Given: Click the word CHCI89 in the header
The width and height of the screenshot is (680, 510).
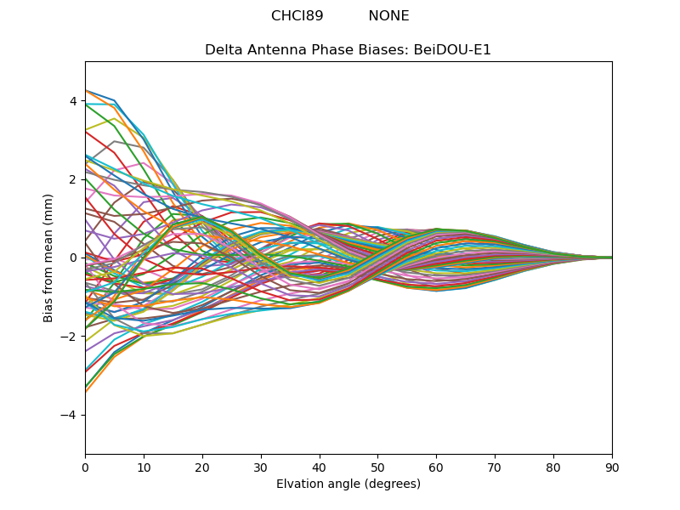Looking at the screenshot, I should tap(297, 16).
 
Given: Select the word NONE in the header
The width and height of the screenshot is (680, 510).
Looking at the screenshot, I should tap(388, 16).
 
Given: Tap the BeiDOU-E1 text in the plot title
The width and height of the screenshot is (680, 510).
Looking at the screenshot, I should tap(452, 50).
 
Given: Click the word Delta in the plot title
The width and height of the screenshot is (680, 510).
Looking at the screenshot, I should tap(224, 50).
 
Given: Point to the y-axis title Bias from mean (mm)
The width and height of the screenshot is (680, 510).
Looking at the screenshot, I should tap(49, 258).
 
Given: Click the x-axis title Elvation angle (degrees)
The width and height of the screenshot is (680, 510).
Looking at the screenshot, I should tap(348, 484).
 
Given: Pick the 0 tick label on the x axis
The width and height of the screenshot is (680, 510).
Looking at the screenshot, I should tap(85, 467).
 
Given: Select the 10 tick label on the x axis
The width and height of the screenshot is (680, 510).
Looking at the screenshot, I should tap(144, 467).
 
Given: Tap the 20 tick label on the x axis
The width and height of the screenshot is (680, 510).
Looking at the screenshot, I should tap(202, 467).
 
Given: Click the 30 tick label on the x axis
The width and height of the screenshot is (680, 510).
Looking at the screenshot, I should tap(261, 467).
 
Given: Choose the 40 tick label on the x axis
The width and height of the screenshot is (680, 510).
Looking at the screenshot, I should tap(320, 467).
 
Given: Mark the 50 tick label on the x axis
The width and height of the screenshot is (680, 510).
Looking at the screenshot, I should tap(377, 467).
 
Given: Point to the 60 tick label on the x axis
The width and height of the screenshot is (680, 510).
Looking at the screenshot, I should tap(436, 467).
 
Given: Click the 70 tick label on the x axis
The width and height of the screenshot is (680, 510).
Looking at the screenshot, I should tap(495, 467).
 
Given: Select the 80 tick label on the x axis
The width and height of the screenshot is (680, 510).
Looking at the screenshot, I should tap(553, 467).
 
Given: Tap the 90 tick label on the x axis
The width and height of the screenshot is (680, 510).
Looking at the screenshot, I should tap(612, 467).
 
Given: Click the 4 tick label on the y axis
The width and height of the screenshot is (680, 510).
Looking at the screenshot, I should tap(73, 101).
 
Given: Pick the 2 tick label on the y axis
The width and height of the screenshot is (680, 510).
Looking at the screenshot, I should tap(73, 179).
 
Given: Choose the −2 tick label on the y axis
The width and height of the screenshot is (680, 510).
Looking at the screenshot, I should tap(70, 337).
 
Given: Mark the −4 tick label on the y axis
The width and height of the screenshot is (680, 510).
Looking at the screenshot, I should tap(70, 415).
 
